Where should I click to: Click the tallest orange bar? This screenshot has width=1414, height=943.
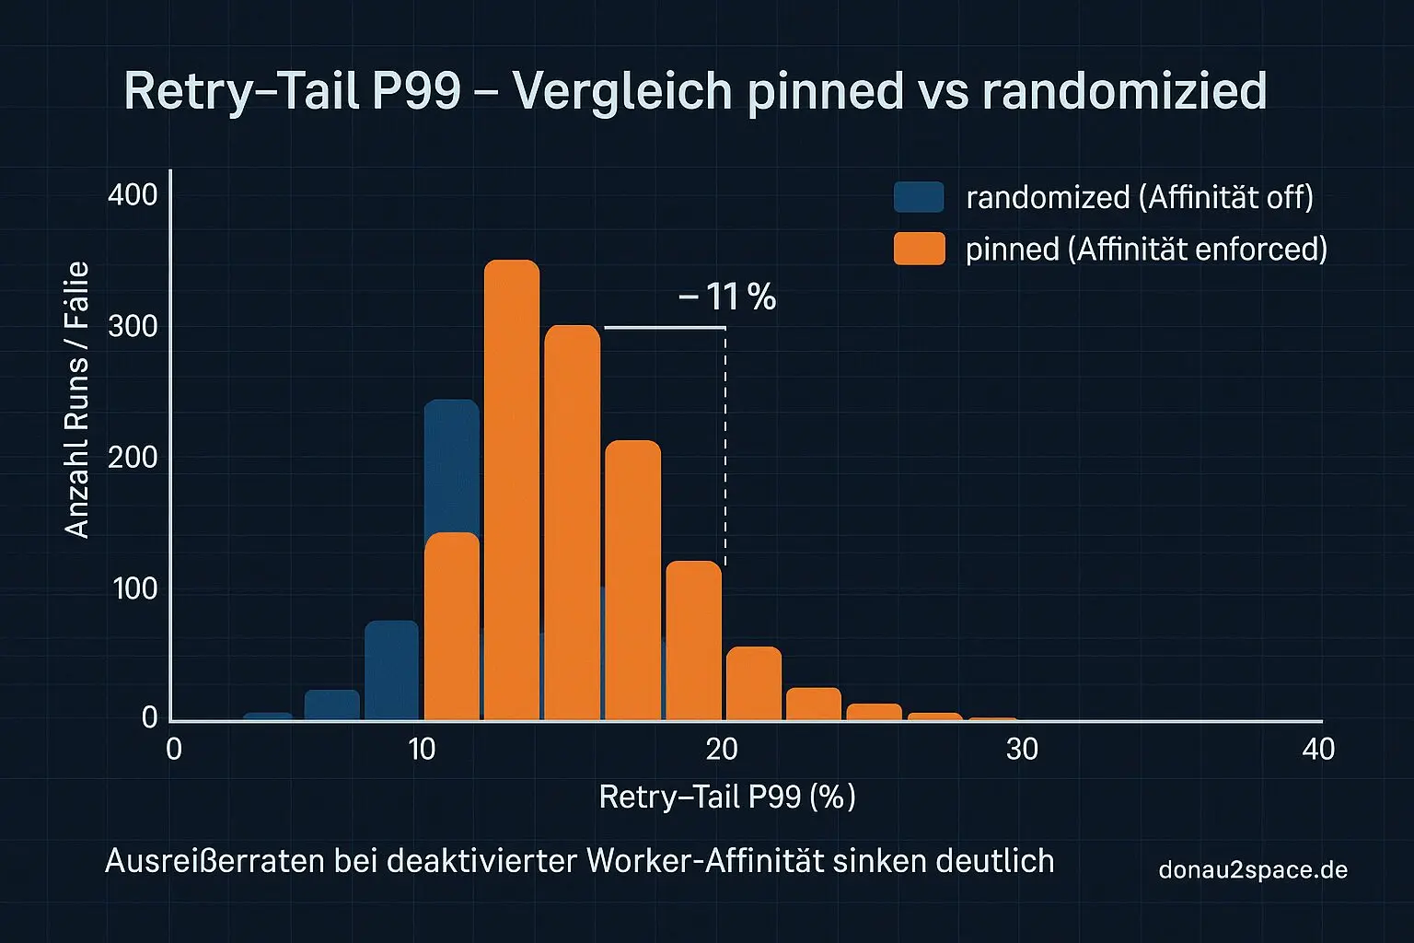tap(512, 490)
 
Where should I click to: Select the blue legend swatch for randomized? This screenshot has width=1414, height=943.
tap(919, 196)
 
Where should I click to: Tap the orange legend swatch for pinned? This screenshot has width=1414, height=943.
tap(920, 249)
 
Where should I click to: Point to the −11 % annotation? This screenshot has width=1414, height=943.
tap(727, 297)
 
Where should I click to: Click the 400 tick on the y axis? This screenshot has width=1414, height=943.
tap(133, 194)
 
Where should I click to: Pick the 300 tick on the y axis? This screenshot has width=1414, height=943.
tap(133, 327)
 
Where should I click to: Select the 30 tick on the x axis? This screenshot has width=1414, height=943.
tap(1022, 750)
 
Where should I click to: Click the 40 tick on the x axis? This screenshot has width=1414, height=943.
tap(1318, 750)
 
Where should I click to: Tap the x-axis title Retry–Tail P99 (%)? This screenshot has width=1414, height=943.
tap(727, 797)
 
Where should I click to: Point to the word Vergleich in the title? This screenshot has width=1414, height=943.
tap(621, 91)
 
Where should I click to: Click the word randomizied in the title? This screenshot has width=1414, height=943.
tap(1124, 90)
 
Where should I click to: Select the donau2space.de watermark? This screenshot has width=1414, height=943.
tap(1253, 869)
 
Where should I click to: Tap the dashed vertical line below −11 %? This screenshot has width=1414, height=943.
tap(725, 447)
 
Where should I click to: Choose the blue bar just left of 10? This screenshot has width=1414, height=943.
tap(392, 670)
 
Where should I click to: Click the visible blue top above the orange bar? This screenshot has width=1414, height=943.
tap(452, 466)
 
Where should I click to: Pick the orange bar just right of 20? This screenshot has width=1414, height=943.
tap(754, 683)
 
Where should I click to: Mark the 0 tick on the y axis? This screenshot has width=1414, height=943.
tap(150, 717)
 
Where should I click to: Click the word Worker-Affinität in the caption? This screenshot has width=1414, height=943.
tap(704, 861)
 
